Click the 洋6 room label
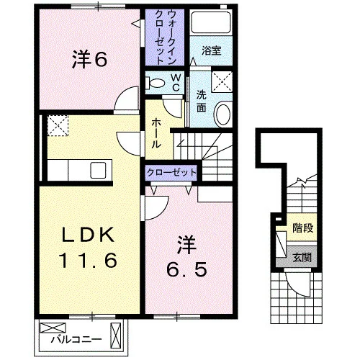point(89,59)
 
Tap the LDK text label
point(88,235)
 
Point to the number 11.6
point(88,261)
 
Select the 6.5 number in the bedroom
point(186,270)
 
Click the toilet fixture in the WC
point(156,83)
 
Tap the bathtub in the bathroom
point(211,22)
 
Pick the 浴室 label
point(211,50)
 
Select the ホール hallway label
point(156,133)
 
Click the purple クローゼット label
point(171,173)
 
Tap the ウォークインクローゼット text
point(165,37)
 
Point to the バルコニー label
point(76,339)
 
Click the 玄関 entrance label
point(302,258)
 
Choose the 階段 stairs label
point(303,228)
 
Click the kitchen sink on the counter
point(98,170)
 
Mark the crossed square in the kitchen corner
point(58,126)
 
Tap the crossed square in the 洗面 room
point(222,81)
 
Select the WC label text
point(176,83)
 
